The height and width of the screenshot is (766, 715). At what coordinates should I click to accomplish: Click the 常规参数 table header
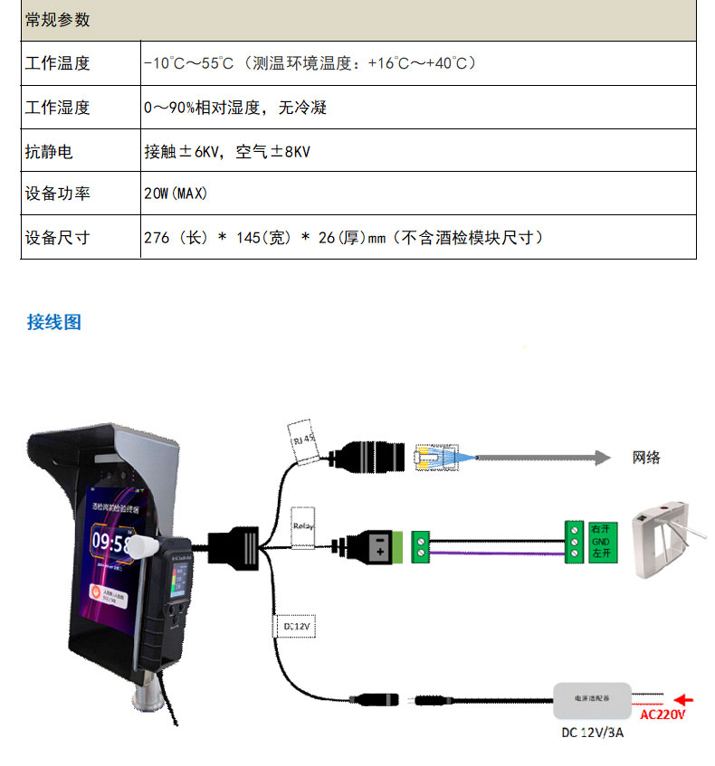tap(58, 20)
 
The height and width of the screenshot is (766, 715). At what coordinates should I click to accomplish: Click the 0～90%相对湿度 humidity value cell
tap(235, 108)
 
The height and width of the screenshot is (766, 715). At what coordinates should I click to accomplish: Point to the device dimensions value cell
tap(344, 238)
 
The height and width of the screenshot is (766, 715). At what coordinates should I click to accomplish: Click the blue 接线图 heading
tap(54, 322)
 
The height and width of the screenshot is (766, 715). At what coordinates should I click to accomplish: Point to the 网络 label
tap(646, 458)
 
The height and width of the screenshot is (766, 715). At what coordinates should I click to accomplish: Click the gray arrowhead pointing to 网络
tap(602, 458)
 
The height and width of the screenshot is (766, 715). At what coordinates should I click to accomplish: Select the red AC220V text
tap(663, 714)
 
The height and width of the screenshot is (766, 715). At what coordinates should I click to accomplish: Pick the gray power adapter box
tap(594, 698)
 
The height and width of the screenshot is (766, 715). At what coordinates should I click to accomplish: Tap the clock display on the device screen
tap(112, 544)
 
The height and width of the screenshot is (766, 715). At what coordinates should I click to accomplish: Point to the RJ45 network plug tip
tap(430, 458)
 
